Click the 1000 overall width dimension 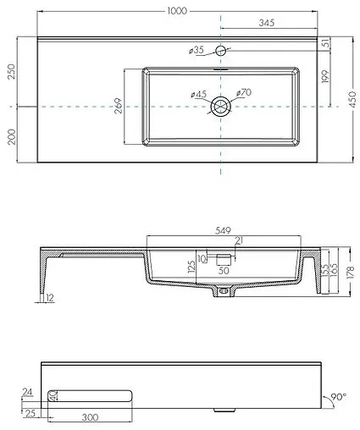(178, 9)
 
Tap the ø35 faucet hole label (197, 51)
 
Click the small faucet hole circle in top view (221, 52)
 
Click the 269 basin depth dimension (118, 106)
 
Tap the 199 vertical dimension (325, 79)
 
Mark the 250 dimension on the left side (10, 71)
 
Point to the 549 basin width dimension (224, 229)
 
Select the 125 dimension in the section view (192, 267)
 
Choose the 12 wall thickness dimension (50, 297)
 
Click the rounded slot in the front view (90, 395)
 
